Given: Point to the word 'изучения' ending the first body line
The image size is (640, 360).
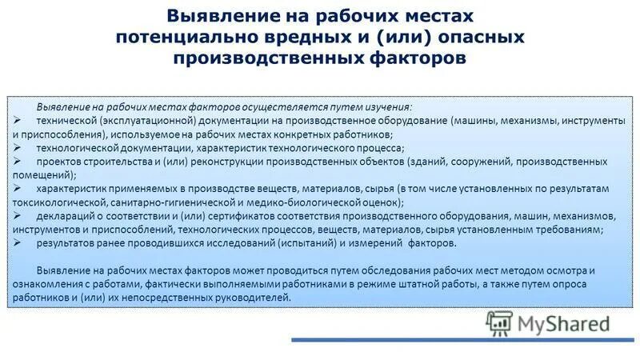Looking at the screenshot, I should [x=387, y=106].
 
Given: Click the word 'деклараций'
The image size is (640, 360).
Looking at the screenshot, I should [x=62, y=216].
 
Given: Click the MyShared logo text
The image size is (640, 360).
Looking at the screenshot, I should [x=562, y=323].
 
